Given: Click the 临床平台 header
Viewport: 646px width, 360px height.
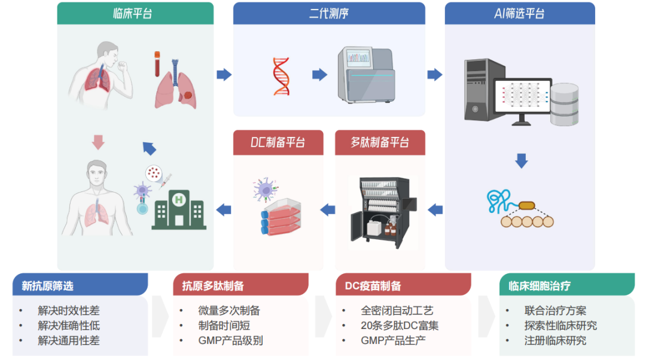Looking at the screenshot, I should pos(135,13).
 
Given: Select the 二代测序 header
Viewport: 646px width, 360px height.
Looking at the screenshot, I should pos(328,13).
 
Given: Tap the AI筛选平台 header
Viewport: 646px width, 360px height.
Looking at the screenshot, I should pos(519,13).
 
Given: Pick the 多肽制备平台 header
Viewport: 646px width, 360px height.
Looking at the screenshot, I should pos(380,142).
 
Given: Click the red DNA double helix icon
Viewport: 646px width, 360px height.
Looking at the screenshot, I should pos(281,76).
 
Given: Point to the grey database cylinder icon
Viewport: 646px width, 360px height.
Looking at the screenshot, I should pos(565,105).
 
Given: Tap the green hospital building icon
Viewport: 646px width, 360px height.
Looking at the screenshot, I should pos(178,209).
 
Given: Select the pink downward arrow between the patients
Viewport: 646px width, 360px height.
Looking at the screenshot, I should pos(99,142).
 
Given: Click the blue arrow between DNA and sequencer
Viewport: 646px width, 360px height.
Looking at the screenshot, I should pos(320,75).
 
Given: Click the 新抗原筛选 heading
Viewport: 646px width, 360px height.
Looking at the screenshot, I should pos(48,286).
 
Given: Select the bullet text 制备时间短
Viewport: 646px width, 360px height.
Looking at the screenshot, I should pos(224,326).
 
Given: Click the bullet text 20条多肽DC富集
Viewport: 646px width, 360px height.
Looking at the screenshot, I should pos(400,326).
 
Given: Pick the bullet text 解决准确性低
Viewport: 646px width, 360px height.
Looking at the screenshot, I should pos(68,326).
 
